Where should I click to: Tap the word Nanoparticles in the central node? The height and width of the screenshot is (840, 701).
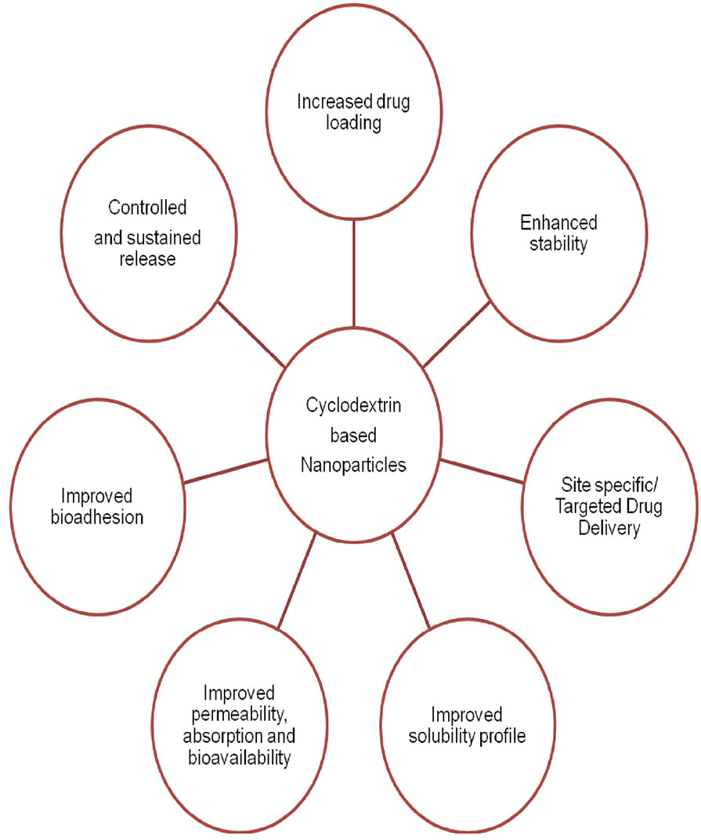pos(354,465)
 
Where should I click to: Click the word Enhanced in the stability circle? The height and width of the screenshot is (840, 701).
pos(554,223)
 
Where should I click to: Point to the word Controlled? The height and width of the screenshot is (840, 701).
pos(148,208)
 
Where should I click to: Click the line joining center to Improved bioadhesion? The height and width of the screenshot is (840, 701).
pos(224,469)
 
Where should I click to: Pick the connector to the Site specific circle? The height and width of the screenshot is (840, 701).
pos(481,469)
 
